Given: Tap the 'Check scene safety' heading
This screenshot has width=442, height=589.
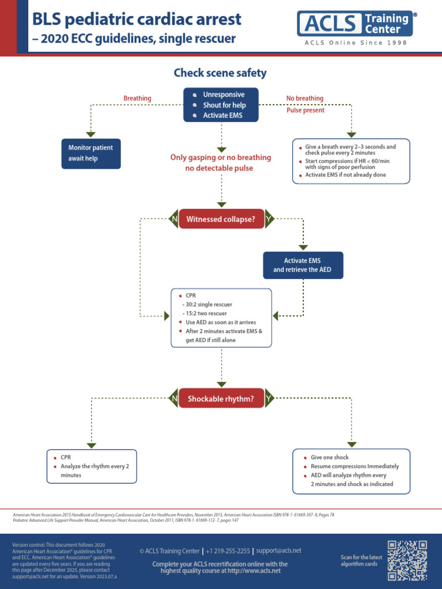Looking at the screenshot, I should [x=220, y=73].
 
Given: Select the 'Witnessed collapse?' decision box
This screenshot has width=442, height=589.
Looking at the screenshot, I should [x=221, y=219].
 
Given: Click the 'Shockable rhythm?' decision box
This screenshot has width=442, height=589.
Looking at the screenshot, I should [x=221, y=398].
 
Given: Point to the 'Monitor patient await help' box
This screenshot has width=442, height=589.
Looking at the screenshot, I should [x=91, y=153].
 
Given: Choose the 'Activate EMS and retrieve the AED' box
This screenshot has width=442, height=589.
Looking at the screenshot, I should [x=303, y=265].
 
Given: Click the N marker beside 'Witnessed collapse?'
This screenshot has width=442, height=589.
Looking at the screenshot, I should [x=173, y=219].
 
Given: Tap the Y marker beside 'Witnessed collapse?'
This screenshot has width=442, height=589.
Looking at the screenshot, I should [x=269, y=219].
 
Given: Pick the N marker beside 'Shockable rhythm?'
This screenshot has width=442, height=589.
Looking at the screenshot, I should [x=173, y=398].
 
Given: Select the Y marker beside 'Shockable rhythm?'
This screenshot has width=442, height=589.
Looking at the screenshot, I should [x=269, y=398].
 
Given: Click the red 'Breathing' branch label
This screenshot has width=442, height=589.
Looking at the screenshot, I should [x=138, y=98].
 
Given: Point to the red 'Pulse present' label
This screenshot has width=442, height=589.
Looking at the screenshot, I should [x=306, y=110].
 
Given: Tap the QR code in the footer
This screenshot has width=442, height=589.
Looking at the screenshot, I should [x=407, y=560].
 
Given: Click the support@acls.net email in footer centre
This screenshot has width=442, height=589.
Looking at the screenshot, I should [x=279, y=550].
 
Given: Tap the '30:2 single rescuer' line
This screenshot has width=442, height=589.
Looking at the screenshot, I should [x=208, y=304].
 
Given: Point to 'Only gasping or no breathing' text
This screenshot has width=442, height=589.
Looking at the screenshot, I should [x=220, y=158].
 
